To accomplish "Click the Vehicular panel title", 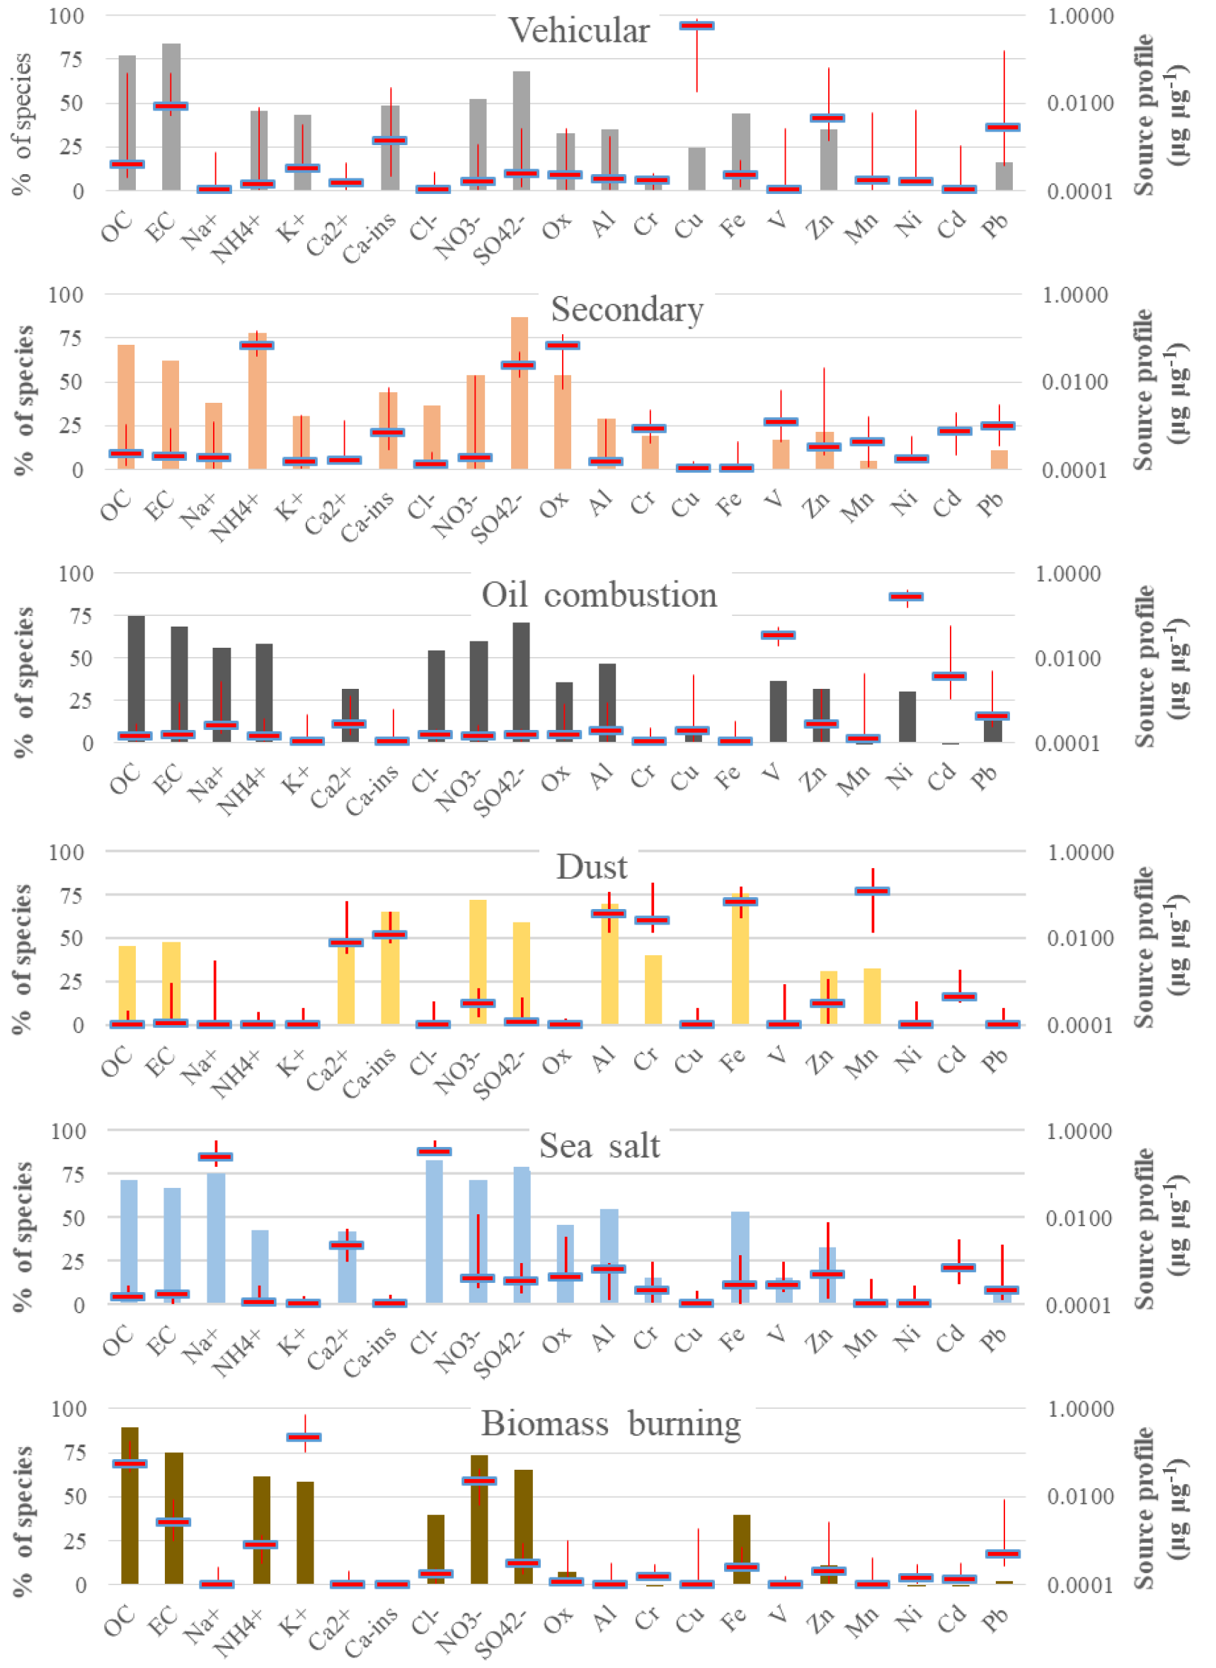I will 579,31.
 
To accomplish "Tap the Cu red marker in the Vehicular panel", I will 696,25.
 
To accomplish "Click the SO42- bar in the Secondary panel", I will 519,412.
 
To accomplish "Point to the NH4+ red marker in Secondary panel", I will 256,345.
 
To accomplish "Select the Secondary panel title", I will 627,310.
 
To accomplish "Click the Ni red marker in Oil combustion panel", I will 906,597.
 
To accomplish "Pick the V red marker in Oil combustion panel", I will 778,635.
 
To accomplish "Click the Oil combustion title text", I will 600,595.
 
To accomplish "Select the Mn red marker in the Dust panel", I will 872,891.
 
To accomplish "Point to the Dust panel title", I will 592,867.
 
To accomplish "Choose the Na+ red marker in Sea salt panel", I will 216,1157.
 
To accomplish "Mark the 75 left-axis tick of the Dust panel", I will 71,896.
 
